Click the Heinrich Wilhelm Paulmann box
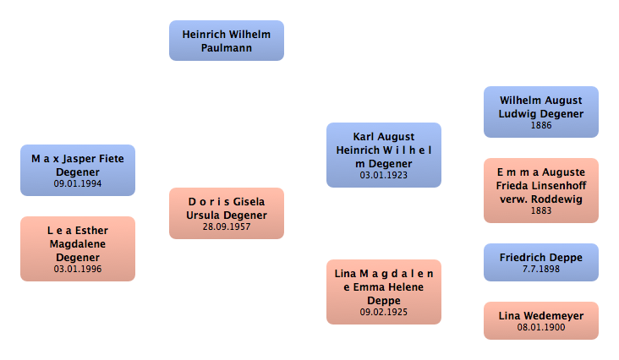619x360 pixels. (x=226, y=41)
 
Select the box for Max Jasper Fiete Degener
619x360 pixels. (x=78, y=170)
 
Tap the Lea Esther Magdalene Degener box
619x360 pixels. (x=78, y=248)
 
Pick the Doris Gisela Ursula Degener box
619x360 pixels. (x=226, y=213)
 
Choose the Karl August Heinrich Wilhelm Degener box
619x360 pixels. (x=384, y=155)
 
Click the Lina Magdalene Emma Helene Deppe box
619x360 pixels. (x=384, y=292)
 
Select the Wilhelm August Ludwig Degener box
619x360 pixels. (x=541, y=112)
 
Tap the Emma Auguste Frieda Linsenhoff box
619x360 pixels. (x=541, y=190)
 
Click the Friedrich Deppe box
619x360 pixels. (x=541, y=262)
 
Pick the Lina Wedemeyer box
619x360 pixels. (x=541, y=320)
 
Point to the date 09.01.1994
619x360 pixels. (x=78, y=183)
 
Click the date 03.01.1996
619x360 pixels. (x=78, y=268)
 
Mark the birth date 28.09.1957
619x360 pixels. (x=226, y=226)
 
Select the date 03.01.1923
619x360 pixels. (x=384, y=175)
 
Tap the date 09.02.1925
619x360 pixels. (x=384, y=312)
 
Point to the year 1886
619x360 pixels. (x=541, y=125)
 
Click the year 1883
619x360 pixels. (x=541, y=210)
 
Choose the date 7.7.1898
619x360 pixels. (x=541, y=268)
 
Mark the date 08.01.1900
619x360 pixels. (x=541, y=327)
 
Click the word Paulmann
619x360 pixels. (x=226, y=47)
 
